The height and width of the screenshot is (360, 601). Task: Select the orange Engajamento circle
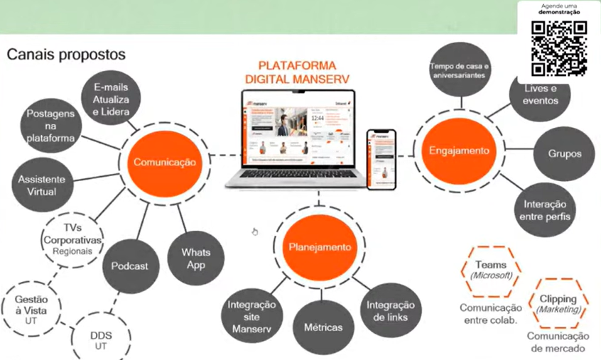pos(459,151)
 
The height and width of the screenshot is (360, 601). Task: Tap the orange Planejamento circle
pos(319,247)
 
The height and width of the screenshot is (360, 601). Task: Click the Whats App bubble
pos(195,258)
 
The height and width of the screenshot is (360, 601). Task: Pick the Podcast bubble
pos(129,266)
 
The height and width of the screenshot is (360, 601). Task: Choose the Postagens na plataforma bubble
pos(50,126)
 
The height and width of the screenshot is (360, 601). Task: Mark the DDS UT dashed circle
pos(100,339)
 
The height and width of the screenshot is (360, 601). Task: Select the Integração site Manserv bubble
pos(251,317)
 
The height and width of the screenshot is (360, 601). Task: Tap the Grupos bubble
pos(565,153)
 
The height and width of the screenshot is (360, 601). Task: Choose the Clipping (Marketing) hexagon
pos(558,304)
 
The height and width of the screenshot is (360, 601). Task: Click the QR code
pos(559,48)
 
